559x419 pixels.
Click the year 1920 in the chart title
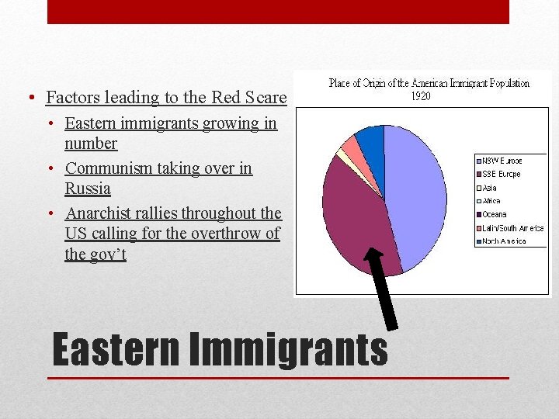click(x=420, y=96)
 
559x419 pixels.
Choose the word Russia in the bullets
click(x=88, y=189)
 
